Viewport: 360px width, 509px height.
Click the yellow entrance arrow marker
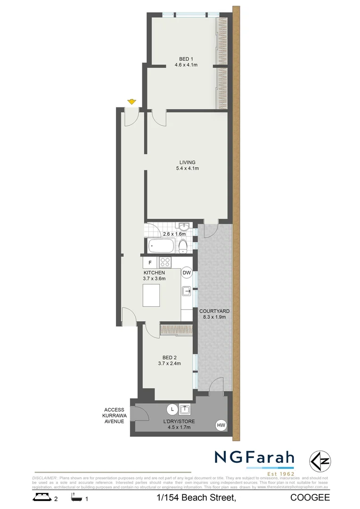click(131, 101)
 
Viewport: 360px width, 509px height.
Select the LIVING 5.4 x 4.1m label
click(187, 165)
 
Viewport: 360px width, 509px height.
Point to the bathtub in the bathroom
click(161, 246)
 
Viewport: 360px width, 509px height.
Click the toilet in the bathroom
click(184, 246)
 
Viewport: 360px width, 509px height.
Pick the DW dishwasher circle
click(187, 272)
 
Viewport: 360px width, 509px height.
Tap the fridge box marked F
click(150, 263)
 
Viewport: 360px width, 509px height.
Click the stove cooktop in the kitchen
click(165, 262)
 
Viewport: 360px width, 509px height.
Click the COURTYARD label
click(214, 314)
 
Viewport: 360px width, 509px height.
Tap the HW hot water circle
click(221, 426)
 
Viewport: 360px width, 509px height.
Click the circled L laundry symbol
click(172, 409)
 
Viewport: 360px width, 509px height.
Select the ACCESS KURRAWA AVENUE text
click(115, 415)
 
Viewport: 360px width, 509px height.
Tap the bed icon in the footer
click(42, 497)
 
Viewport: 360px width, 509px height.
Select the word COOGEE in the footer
click(310, 498)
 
